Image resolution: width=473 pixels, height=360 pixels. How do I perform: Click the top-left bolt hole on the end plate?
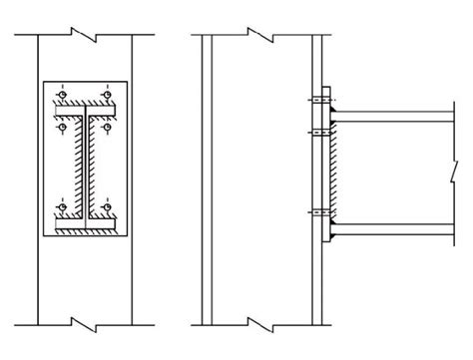point(63,96)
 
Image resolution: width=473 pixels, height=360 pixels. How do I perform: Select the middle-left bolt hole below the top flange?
point(63,129)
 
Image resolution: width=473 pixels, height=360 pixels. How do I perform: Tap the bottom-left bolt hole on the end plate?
point(63,208)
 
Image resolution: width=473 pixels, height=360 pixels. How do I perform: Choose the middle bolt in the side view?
point(317,130)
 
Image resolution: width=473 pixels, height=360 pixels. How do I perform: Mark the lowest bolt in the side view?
point(317,210)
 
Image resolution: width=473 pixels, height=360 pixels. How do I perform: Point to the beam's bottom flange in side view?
point(399,226)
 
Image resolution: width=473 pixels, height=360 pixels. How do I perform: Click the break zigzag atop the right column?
point(261,35)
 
